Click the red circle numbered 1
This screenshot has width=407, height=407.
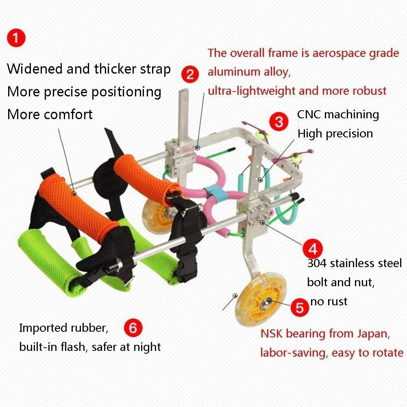(x=16, y=38)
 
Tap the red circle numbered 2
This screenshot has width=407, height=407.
(x=190, y=74)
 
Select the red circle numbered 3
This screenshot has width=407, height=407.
(x=279, y=122)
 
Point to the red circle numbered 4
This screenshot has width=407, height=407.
(x=313, y=249)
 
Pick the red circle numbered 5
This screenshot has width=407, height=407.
(x=300, y=307)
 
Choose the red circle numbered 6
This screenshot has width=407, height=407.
(x=133, y=328)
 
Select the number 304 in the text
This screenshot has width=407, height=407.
(x=317, y=263)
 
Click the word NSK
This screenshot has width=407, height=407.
(x=272, y=333)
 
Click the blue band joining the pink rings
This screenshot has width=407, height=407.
(x=213, y=193)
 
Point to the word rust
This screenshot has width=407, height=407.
(x=337, y=302)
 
